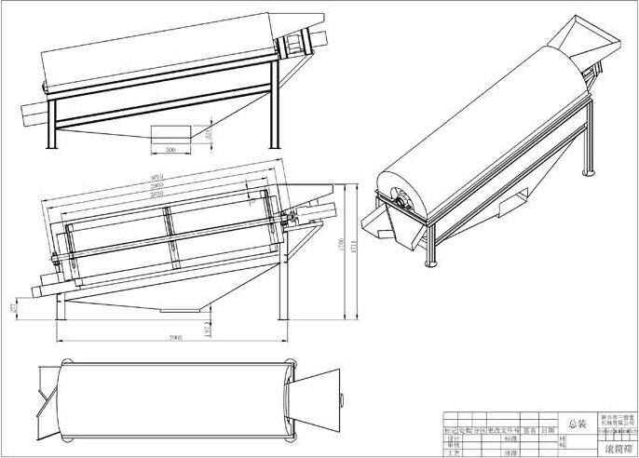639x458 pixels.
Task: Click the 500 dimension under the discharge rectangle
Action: click(170, 150)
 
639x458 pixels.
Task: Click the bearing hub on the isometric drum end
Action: click(401, 196)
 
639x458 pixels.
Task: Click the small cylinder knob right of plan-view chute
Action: click(341, 398)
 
